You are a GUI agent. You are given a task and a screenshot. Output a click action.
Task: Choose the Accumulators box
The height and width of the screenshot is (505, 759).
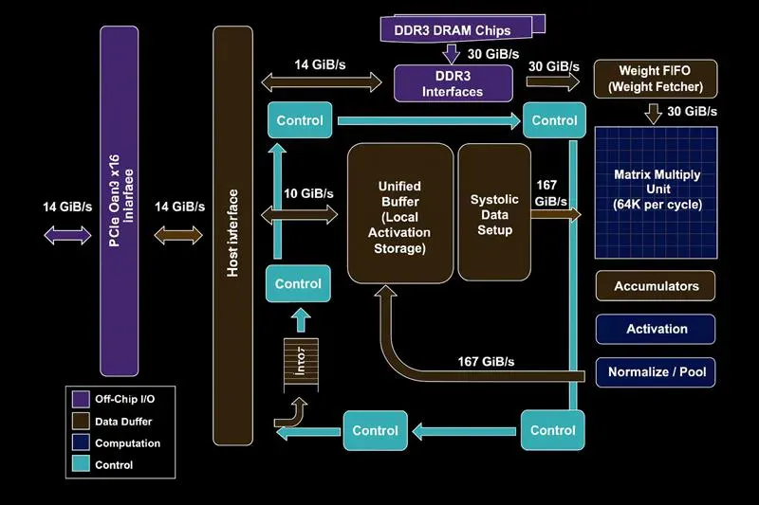tap(656, 286)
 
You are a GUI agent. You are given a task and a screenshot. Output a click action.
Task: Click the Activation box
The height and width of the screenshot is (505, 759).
tap(656, 329)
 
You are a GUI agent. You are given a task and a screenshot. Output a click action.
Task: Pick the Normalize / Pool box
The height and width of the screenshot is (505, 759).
tap(656, 372)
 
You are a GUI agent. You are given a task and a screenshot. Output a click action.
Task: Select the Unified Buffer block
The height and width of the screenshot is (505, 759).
tap(398, 214)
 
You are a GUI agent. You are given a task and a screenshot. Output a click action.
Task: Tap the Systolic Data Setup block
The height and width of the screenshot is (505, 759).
tap(494, 214)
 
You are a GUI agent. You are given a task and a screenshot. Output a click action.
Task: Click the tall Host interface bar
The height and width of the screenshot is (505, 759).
tap(232, 235)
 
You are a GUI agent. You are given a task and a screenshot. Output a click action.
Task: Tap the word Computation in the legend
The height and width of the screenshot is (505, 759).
tap(128, 443)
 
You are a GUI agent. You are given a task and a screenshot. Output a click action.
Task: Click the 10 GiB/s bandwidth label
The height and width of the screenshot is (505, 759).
tap(308, 193)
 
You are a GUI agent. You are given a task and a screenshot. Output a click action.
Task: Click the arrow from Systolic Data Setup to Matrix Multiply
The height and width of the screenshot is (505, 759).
tap(556, 215)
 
